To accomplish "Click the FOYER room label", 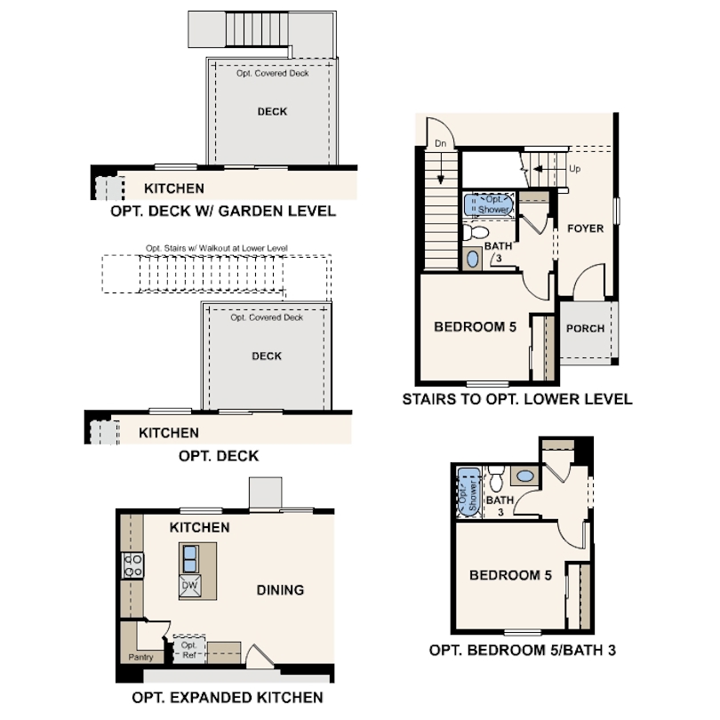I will click(585, 228).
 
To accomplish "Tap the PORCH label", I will click(585, 328).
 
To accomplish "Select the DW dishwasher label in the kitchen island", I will click(189, 585).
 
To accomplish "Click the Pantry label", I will click(140, 658).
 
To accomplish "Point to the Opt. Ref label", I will click(189, 650).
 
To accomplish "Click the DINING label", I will click(280, 589).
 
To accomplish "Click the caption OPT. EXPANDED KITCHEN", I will click(227, 697).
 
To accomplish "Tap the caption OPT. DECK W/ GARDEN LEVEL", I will click(223, 212).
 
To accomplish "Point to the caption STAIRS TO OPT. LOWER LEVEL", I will click(516, 399).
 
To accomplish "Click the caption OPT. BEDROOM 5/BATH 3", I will click(522, 650).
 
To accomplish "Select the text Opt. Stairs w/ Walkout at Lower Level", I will click(217, 248).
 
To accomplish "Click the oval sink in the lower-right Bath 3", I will click(526, 476).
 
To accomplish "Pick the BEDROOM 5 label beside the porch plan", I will click(475, 327).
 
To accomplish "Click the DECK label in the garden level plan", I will click(272, 111).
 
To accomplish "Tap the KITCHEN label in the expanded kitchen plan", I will click(200, 527).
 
